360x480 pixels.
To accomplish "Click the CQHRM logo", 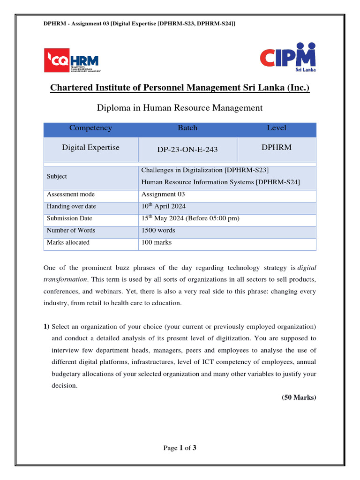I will [x=71, y=60].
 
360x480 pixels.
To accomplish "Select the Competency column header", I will [x=90, y=128].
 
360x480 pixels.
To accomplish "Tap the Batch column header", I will [x=187, y=128].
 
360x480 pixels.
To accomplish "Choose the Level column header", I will [x=277, y=128].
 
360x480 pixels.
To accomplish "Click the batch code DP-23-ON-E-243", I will [x=187, y=150].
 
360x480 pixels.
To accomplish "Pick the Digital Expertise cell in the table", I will [x=90, y=148].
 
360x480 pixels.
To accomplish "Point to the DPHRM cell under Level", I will [x=277, y=148].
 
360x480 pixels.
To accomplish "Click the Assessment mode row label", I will [x=70, y=195].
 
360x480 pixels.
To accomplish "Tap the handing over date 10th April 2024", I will [x=166, y=206].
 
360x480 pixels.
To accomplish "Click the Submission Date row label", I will [x=69, y=218].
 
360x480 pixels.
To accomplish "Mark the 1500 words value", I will [x=158, y=231].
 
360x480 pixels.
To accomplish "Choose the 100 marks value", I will [x=157, y=243].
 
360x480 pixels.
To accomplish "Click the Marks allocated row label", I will [x=68, y=243].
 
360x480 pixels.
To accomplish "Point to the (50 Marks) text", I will [x=299, y=397].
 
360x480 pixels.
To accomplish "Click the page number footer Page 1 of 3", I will [x=180, y=448].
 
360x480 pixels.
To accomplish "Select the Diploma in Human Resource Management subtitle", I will [x=180, y=108].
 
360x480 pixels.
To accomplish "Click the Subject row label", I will [x=57, y=176].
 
